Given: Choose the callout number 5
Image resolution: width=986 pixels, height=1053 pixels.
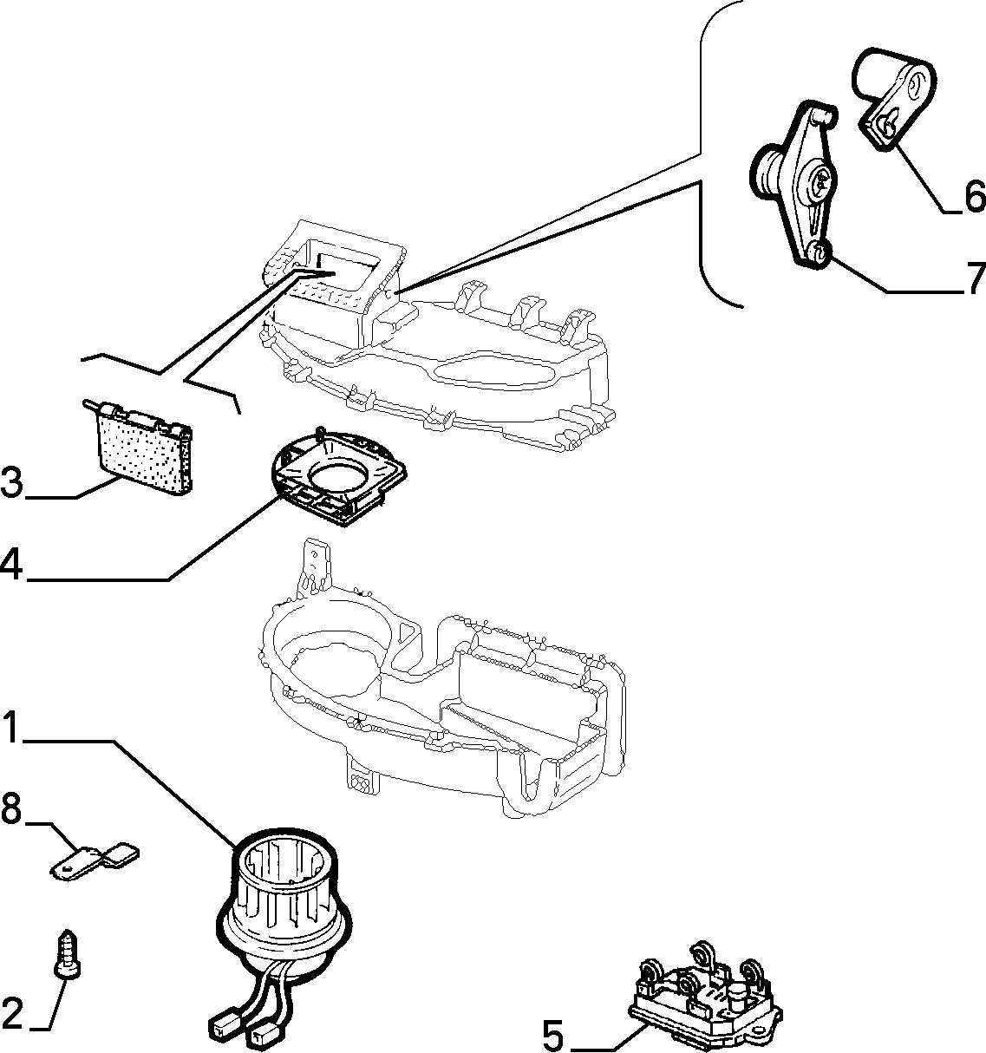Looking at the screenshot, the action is pos(553,1035).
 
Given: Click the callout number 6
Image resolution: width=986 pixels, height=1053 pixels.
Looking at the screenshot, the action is pos(975,197).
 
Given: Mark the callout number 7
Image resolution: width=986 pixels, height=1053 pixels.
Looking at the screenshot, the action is pos(975,278).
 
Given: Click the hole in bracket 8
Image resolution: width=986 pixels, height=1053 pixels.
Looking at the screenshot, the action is pos(66,868).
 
